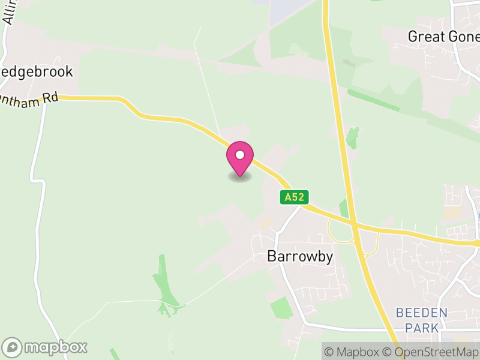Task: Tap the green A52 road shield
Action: click(x=291, y=197)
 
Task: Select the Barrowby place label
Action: click(x=300, y=256)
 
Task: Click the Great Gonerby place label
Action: click(x=443, y=37)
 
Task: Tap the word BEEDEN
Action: click(x=422, y=313)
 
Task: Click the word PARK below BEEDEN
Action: click(x=422, y=328)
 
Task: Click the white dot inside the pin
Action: click(x=239, y=155)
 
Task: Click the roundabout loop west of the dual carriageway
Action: click(x=340, y=230)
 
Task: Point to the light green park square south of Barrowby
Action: click(x=281, y=308)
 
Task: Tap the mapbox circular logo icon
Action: click(x=13, y=347)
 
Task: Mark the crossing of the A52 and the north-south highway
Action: click(x=355, y=225)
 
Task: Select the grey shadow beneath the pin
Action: click(x=239, y=177)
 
